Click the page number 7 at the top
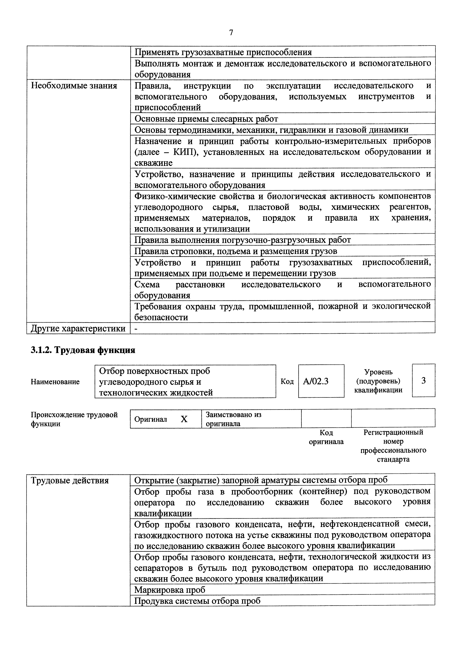[x=231, y=33]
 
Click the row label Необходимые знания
[x=74, y=86]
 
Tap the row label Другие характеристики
[x=78, y=328]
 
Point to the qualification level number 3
[x=423, y=381]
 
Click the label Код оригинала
[x=326, y=437]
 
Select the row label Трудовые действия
[x=70, y=480]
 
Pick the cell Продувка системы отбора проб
[x=197, y=601]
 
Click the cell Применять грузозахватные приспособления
[x=223, y=52]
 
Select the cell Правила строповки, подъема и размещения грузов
[x=236, y=251]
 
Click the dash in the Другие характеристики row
[x=136, y=328]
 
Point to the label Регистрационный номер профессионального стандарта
[x=393, y=446]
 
